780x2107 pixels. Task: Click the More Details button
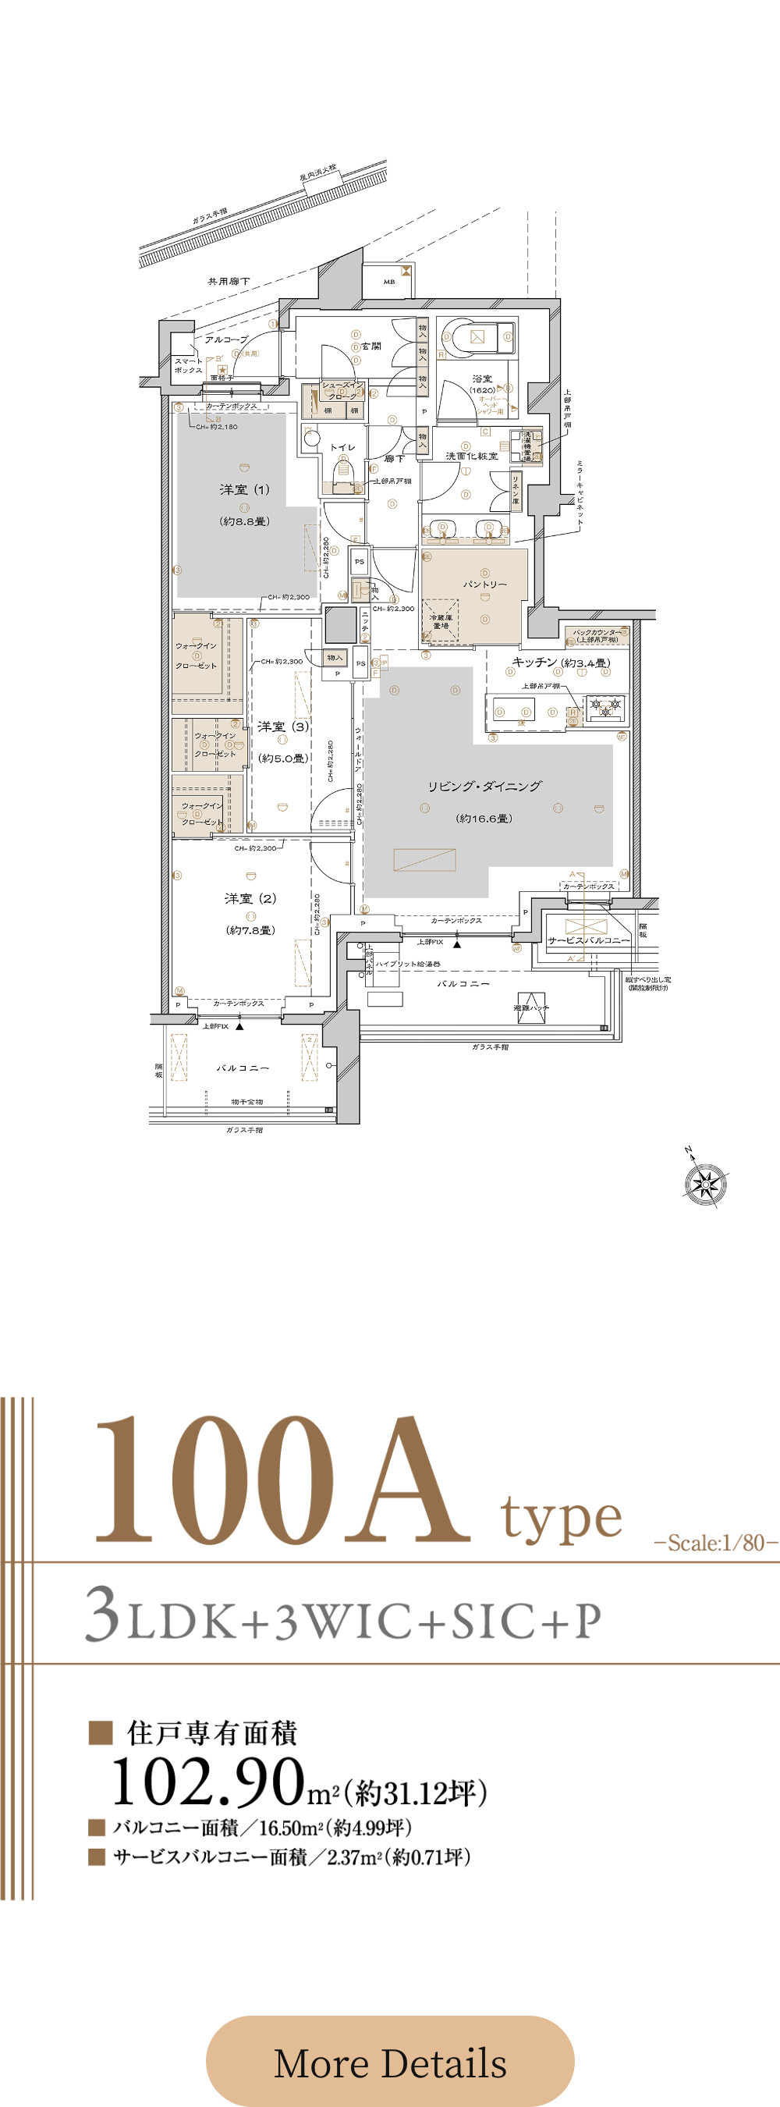tap(390, 2062)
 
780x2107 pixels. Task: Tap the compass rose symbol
tap(705, 1183)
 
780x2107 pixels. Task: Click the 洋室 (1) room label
tap(243, 490)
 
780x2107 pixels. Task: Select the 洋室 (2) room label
tap(250, 898)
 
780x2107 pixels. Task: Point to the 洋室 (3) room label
tap(283, 727)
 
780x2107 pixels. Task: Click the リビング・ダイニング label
tap(484, 786)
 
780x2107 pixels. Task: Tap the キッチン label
tap(535, 662)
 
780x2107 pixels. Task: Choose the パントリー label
tap(485, 584)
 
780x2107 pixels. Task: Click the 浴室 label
tap(482, 378)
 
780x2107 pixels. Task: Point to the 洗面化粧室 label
tap(471, 456)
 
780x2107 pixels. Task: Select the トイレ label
tap(342, 447)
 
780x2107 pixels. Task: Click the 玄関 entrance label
tap(371, 346)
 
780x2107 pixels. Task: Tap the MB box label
tap(389, 282)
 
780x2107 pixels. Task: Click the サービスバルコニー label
tap(589, 940)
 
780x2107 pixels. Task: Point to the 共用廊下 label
tap(228, 282)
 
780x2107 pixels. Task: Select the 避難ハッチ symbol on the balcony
tap(530, 1007)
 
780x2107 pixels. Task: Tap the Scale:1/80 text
tap(715, 1543)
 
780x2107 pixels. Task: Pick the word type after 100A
tap(562, 1518)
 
